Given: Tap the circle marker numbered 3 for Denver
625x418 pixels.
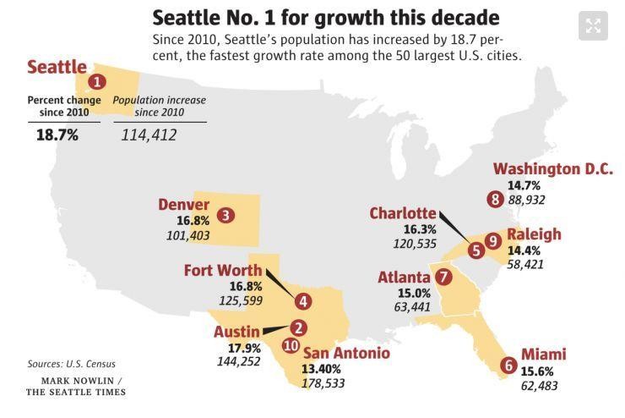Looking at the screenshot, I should (x=226, y=215).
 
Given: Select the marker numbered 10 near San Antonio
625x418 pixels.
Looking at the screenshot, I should (x=291, y=345).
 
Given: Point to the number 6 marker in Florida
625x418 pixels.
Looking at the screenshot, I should (x=508, y=366).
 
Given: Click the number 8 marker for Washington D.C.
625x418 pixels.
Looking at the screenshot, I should (x=495, y=200).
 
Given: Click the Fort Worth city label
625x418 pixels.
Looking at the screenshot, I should (x=222, y=271).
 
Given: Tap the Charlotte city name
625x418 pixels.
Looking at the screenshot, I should (x=403, y=213).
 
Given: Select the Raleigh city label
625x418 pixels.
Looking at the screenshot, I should (x=534, y=234).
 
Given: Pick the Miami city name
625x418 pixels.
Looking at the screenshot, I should (x=542, y=355).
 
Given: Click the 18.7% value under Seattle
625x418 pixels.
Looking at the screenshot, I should (x=57, y=135).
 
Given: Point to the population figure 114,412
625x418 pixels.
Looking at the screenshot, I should (x=149, y=135).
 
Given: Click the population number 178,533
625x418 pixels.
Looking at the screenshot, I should (x=323, y=383).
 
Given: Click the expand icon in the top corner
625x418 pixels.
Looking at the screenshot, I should (x=593, y=25).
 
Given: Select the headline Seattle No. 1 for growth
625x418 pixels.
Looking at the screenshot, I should (x=325, y=17).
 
